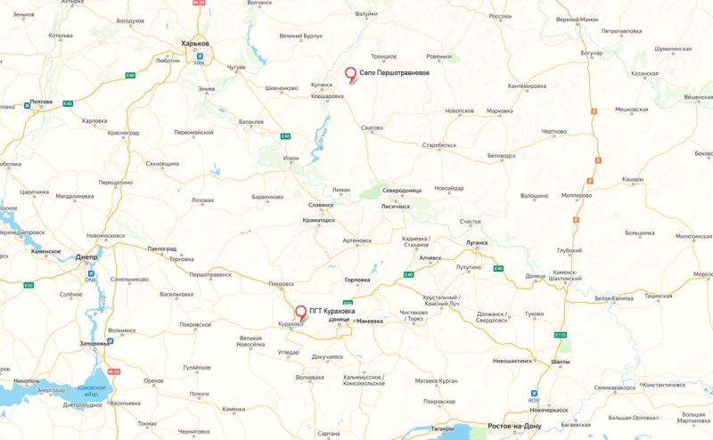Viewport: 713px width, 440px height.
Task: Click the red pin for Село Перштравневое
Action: [x=350, y=76]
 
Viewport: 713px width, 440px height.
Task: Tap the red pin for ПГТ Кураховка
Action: [x=301, y=314]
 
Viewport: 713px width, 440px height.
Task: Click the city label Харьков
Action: [x=194, y=43]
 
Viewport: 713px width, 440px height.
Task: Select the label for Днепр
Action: [x=86, y=256]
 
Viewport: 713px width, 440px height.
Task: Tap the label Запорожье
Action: [x=94, y=343]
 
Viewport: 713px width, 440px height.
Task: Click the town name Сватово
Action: [x=372, y=128]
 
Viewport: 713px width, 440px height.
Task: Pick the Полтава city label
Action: [x=42, y=102]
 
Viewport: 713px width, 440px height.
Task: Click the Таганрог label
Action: [x=443, y=428]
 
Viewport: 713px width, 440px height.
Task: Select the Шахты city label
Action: [x=561, y=363]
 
